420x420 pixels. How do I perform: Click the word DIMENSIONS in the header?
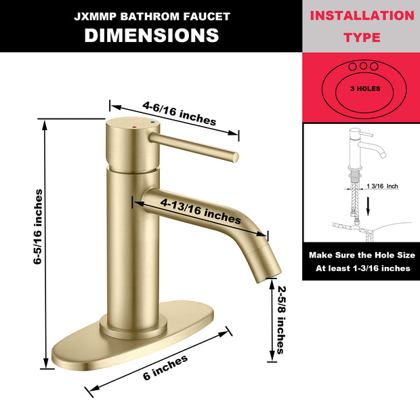click(x=151, y=35)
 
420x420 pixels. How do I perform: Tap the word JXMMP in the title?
click(x=94, y=16)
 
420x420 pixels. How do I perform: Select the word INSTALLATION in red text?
click(x=360, y=15)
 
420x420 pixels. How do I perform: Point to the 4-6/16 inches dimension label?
click(x=179, y=113)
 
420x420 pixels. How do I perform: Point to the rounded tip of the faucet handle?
click(x=234, y=156)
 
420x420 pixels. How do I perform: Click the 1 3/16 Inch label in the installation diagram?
click(x=381, y=186)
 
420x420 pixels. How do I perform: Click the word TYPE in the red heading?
click(x=361, y=37)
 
